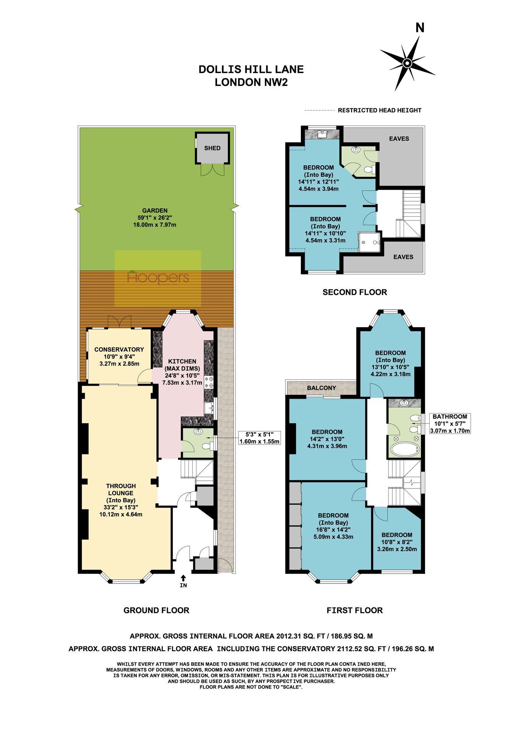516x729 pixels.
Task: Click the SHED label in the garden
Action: pyautogui.click(x=212, y=148)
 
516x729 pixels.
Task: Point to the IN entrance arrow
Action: pyautogui.click(x=183, y=579)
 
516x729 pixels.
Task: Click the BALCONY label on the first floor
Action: pyautogui.click(x=321, y=388)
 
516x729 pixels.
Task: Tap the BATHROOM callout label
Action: pyautogui.click(x=450, y=417)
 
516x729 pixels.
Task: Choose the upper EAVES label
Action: pyautogui.click(x=399, y=139)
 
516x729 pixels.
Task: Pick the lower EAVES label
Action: pyautogui.click(x=403, y=257)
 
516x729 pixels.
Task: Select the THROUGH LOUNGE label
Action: pyautogui.click(x=121, y=490)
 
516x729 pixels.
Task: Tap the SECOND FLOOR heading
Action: pyautogui.click(x=355, y=292)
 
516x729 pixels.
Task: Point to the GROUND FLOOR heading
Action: pyautogui.click(x=156, y=610)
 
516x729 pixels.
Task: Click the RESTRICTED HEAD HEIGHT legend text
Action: pyautogui.click(x=380, y=110)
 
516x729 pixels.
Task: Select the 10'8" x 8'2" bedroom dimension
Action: pyautogui.click(x=397, y=542)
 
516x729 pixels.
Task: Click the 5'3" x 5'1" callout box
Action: pyautogui.click(x=260, y=438)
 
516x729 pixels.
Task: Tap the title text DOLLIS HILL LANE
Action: pyautogui.click(x=251, y=70)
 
